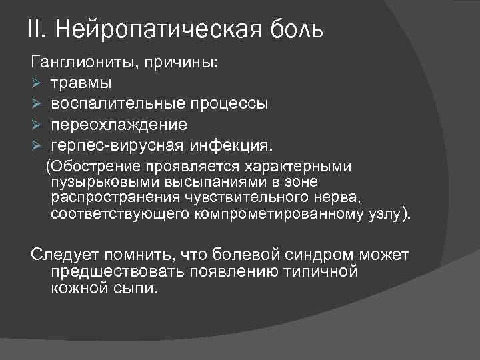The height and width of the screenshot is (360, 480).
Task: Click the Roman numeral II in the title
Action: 35,29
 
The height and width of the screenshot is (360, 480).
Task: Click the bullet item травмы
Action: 81,84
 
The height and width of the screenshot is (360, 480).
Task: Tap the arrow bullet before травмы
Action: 37,84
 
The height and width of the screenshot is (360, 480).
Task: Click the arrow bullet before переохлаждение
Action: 37,125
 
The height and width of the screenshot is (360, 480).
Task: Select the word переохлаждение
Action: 119,125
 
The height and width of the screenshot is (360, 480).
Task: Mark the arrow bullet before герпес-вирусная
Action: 37,145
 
